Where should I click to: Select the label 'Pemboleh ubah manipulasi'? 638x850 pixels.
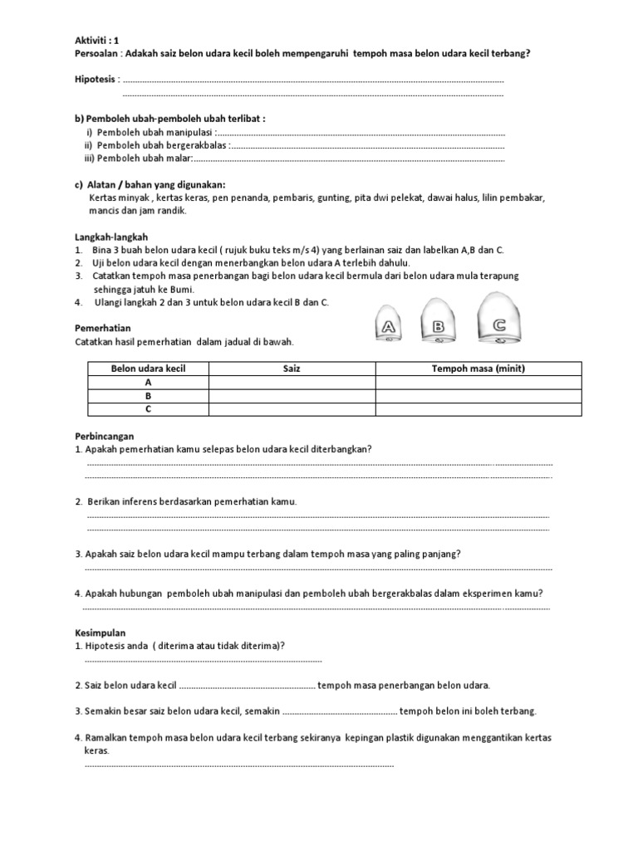pyautogui.click(x=155, y=132)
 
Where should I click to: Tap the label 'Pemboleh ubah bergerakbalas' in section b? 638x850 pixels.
pyautogui.click(x=162, y=145)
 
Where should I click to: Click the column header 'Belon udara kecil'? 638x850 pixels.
pyautogui.click(x=149, y=369)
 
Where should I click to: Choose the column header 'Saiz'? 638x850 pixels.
pyautogui.click(x=292, y=369)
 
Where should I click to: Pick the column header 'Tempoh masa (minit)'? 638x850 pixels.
pyautogui.click(x=478, y=369)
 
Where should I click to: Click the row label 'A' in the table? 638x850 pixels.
pyautogui.click(x=149, y=383)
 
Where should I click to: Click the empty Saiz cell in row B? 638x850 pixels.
pyautogui.click(x=292, y=396)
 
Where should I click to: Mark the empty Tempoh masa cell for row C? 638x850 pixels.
pyautogui.click(x=478, y=409)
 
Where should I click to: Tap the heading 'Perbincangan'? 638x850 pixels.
pyautogui.click(x=104, y=435)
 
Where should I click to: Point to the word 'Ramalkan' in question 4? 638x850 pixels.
pyautogui.click(x=106, y=737)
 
